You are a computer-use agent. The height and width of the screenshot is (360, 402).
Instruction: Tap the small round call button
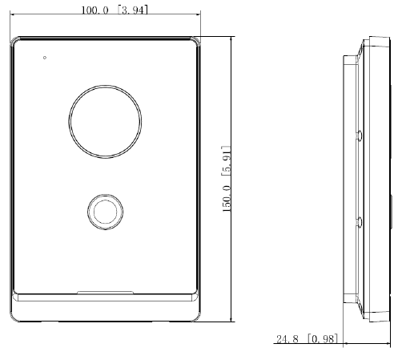coord(104,211)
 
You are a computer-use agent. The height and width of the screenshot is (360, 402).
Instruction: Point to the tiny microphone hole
coord(45,58)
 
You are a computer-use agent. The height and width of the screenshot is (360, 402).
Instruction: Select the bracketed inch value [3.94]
coord(133,10)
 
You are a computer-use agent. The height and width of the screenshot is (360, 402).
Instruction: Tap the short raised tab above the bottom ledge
coord(104,290)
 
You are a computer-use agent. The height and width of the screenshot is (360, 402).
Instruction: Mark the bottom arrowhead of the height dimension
coord(232,322)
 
